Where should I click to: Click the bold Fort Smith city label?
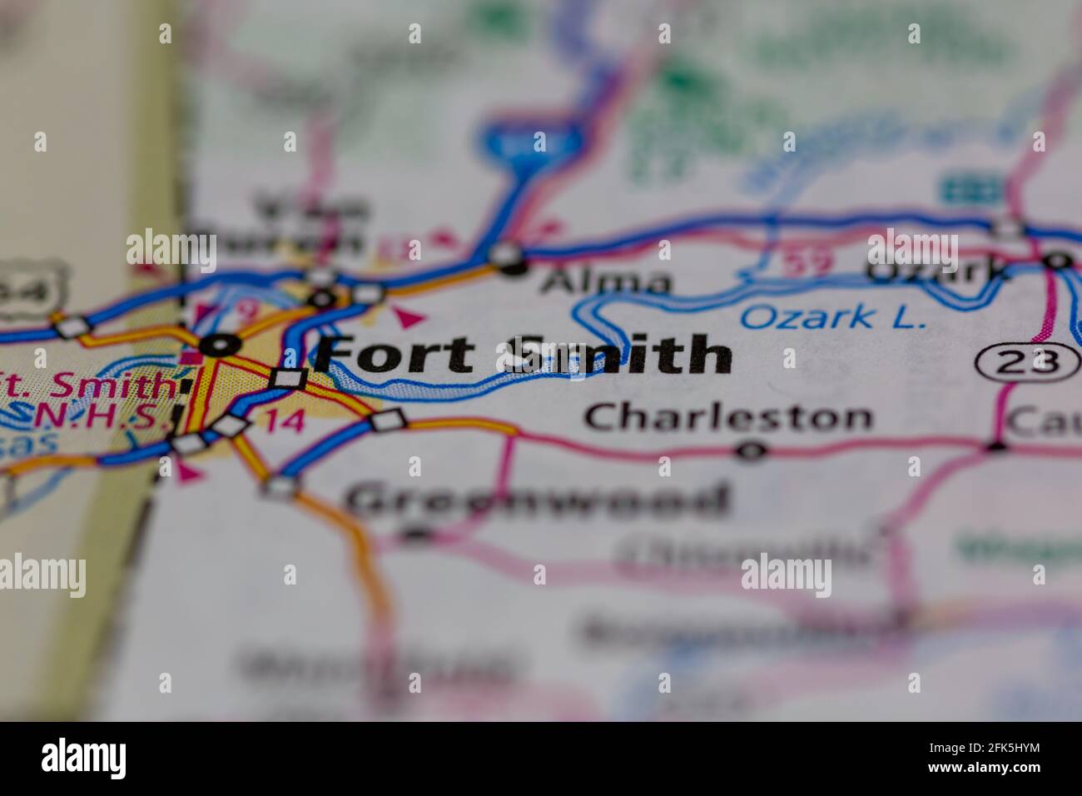[524, 356]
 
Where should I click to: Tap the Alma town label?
[605, 283]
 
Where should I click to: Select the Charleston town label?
[728, 417]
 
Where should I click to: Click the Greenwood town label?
[537, 500]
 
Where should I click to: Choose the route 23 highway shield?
[1027, 361]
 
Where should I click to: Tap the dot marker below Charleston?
[752, 451]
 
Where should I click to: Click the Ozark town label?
[936, 270]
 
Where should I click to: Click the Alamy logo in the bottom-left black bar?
[84, 759]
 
